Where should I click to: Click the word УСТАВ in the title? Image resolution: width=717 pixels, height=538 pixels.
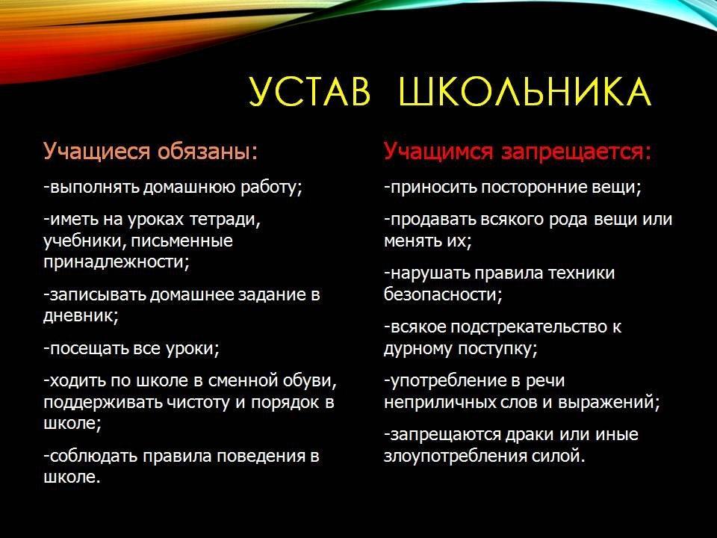pos(309,91)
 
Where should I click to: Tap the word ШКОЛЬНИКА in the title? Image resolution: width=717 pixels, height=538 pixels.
pos(524,91)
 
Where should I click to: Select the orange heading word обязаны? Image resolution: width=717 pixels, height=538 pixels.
pos(208,151)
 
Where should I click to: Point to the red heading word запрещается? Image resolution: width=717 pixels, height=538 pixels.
pos(576,152)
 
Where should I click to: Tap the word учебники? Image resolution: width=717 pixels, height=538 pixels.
pos(85,241)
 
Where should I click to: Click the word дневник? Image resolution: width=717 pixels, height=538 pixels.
pos(81,316)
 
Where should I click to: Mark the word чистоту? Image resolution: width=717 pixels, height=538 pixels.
pos(198,403)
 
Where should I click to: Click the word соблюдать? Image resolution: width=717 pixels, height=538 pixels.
pos(93,456)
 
